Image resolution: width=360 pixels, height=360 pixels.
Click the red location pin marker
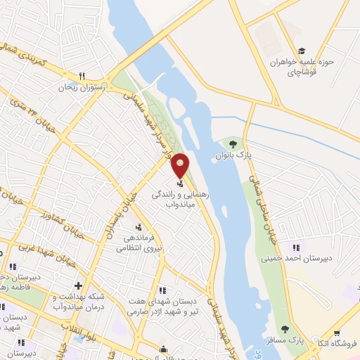click(x=181, y=165)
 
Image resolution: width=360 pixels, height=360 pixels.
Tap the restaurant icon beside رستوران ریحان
click(x=82, y=77)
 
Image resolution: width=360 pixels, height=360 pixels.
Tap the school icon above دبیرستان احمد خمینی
click(x=295, y=247)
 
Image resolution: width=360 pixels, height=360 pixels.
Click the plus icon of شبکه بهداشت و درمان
click(x=78, y=286)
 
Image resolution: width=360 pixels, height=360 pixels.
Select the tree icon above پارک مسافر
click(x=285, y=329)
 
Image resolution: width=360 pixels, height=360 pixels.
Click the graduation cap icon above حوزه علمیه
click(x=302, y=51)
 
